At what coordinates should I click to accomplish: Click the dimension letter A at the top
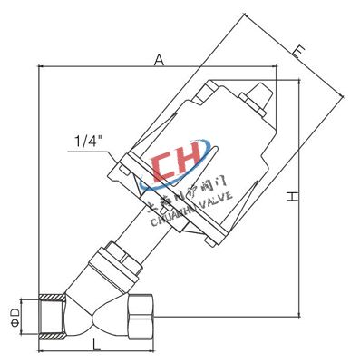tap(158, 60)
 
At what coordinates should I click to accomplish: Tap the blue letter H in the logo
tap(192, 162)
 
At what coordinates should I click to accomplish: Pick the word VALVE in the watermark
tap(217, 193)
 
